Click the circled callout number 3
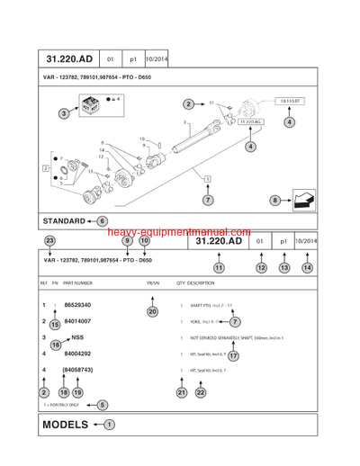click(64, 113)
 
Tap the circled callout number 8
click(274, 200)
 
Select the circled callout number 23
click(49, 241)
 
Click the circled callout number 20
click(151, 311)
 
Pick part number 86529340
click(78, 305)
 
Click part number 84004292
click(78, 354)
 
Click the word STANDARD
click(64, 220)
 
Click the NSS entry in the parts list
click(76, 337)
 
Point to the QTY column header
click(180, 282)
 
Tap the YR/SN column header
click(152, 282)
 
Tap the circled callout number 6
click(102, 220)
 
